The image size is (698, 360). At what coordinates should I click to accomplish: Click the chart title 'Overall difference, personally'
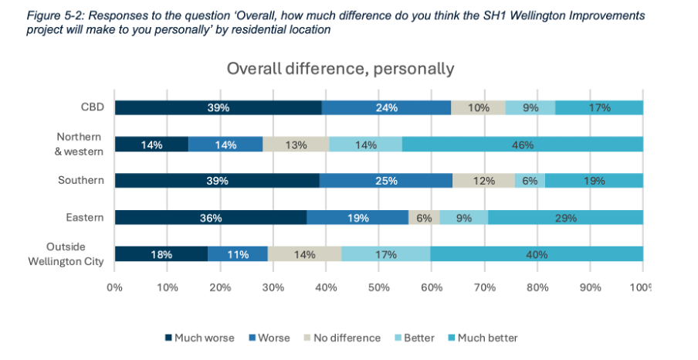pyautogui.click(x=340, y=68)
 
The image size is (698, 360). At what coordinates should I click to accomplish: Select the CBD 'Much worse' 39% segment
pyautogui.click(x=218, y=108)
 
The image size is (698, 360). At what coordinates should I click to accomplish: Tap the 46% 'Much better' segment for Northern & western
pyautogui.click(x=522, y=144)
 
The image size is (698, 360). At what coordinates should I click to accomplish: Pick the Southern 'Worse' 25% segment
pyautogui.click(x=385, y=181)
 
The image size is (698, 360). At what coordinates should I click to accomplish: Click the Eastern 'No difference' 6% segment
pyautogui.click(x=424, y=217)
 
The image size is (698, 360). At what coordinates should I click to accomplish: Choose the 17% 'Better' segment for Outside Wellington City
pyautogui.click(x=386, y=254)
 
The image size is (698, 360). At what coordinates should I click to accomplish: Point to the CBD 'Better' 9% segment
pyautogui.click(x=530, y=108)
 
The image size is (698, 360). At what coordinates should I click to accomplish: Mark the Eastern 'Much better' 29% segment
pyautogui.click(x=564, y=217)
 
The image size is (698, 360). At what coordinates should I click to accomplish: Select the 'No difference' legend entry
pyautogui.click(x=345, y=338)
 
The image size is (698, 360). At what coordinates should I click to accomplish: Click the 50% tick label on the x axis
pyautogui.click(x=378, y=288)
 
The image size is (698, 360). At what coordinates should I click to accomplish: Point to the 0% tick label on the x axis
pyautogui.click(x=115, y=288)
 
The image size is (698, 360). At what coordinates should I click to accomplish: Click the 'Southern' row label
pyautogui.click(x=81, y=181)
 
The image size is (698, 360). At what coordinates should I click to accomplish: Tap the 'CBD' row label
pyautogui.click(x=92, y=108)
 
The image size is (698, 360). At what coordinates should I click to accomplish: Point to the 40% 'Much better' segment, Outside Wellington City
pyautogui.click(x=537, y=254)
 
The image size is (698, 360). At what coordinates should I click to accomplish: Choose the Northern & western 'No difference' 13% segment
pyautogui.click(x=296, y=144)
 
